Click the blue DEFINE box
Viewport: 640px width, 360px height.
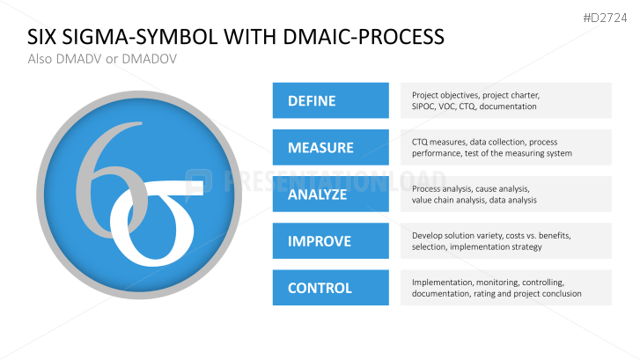[330, 100]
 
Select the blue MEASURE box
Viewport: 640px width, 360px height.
[330, 147]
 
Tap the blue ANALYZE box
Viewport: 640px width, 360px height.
[330, 194]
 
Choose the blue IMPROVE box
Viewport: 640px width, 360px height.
[330, 240]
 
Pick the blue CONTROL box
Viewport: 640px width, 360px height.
[330, 287]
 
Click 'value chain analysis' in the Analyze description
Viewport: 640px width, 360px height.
[448, 200]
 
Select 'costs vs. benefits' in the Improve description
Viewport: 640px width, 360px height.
[525, 235]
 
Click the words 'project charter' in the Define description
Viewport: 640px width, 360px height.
[510, 95]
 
